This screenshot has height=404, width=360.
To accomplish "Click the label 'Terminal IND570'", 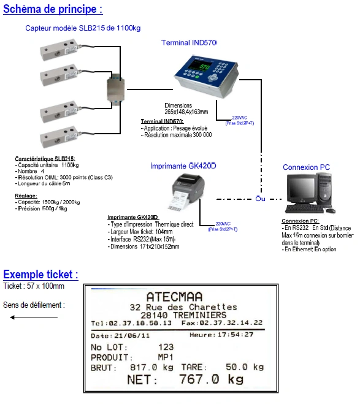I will point(188,42).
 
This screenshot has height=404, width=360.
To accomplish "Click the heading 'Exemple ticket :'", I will point(40,274).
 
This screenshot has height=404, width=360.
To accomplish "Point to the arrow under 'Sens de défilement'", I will point(34,317).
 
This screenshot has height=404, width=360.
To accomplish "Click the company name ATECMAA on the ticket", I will point(177,296).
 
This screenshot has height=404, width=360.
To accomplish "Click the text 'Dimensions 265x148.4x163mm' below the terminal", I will point(186,109).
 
